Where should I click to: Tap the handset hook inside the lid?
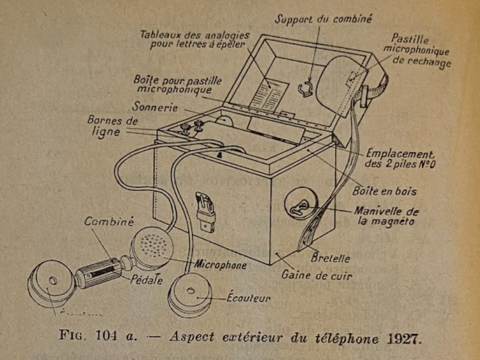(306, 89)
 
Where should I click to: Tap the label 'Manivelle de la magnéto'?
(386, 217)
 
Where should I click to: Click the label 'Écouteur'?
(248, 299)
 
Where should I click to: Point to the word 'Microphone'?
(221, 265)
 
